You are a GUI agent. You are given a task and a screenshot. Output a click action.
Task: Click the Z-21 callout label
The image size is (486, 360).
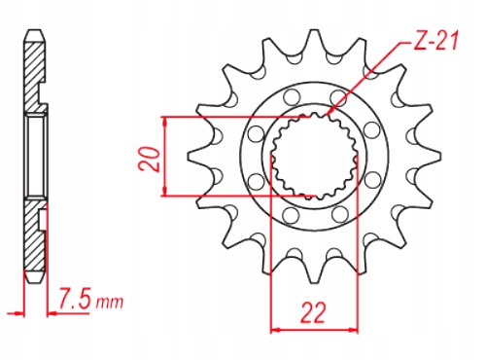435,41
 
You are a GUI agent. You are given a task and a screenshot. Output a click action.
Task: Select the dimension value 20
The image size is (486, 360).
150,159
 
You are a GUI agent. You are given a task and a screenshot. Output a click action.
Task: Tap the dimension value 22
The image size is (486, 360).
313,313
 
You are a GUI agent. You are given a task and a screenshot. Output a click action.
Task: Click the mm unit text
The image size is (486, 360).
110,303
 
